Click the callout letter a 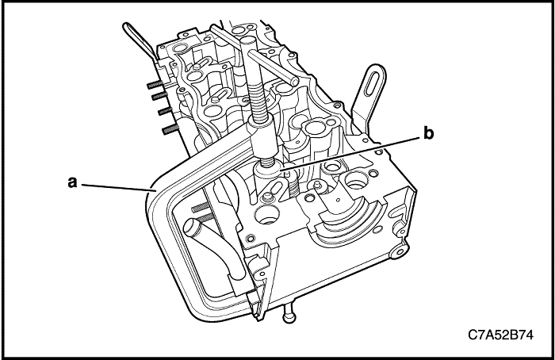click(x=71, y=182)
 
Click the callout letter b click(x=429, y=135)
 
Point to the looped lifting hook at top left click(x=134, y=39)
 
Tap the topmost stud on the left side click(x=151, y=81)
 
